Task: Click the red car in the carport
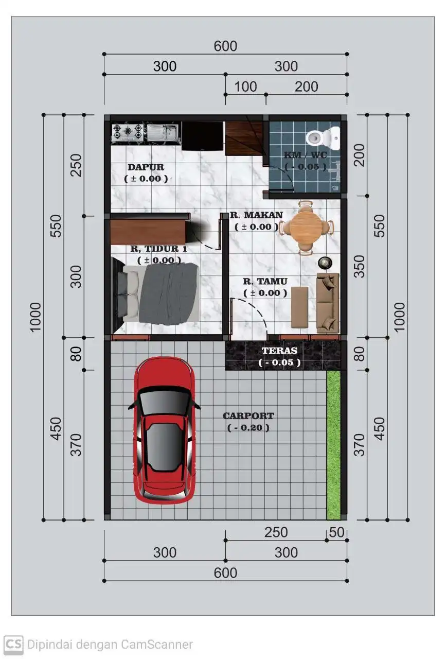(164, 430)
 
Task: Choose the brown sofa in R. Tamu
(327, 303)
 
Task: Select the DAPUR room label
(146, 167)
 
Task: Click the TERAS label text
(279, 351)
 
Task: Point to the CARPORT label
(248, 416)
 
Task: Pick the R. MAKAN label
(256, 215)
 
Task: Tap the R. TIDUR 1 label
(158, 249)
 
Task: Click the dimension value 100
(245, 86)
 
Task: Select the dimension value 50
(337, 532)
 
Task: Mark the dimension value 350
(360, 266)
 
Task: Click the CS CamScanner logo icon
(14, 644)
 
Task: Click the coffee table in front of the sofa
(299, 307)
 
